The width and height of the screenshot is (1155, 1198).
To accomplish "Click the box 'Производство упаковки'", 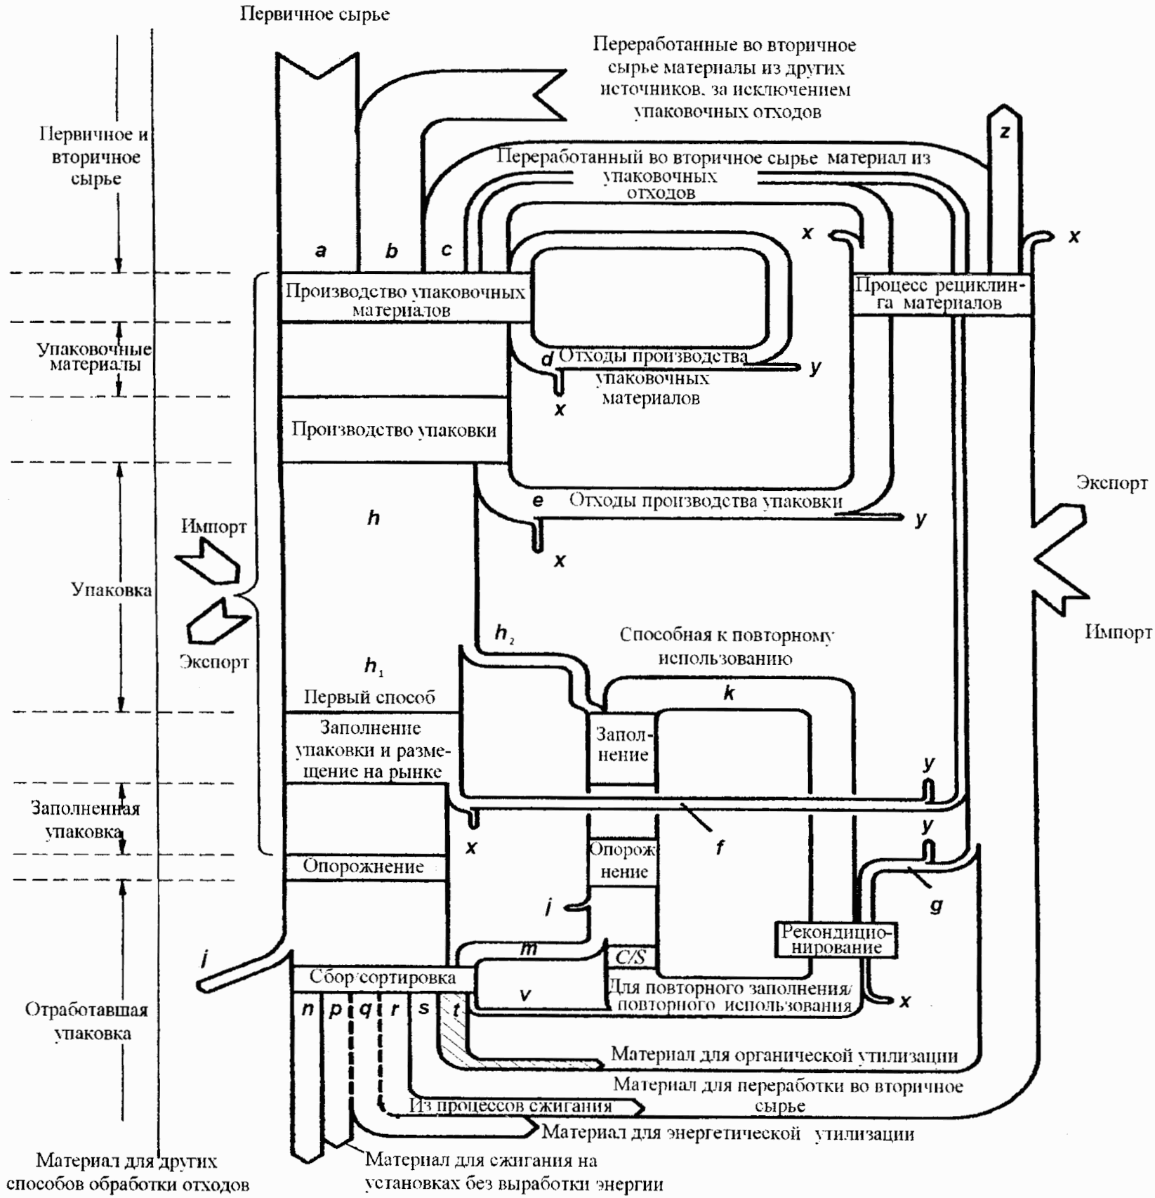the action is (x=394, y=429).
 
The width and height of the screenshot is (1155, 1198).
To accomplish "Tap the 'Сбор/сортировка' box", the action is (x=383, y=977).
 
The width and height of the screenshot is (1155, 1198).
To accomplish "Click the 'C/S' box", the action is (x=631, y=957).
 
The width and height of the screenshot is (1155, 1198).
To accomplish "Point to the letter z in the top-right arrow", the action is (x=1005, y=131).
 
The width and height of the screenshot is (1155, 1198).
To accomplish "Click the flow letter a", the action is (x=321, y=250).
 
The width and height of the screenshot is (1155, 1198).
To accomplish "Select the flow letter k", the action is (x=729, y=693).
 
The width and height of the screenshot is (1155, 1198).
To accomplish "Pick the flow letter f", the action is (x=720, y=848).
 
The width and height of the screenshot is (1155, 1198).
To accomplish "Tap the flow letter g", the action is (x=936, y=906).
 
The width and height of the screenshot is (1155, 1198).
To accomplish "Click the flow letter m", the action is (x=529, y=949).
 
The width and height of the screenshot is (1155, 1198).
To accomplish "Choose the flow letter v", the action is (x=524, y=994).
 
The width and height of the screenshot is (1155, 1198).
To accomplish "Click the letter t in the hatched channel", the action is (x=456, y=1010).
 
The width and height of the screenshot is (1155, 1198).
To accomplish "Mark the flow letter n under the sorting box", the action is (x=308, y=1009).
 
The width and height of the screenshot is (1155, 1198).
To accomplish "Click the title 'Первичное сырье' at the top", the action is (x=315, y=13).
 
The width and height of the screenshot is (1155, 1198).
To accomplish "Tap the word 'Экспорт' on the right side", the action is (x=1111, y=482).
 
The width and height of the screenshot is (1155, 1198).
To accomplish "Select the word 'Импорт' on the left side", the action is (x=213, y=526).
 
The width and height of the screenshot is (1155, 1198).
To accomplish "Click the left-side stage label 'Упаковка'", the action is (x=112, y=589).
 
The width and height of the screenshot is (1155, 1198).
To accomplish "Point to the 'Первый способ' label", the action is (x=369, y=697).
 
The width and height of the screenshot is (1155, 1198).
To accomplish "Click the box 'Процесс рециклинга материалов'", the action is (x=941, y=294).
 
